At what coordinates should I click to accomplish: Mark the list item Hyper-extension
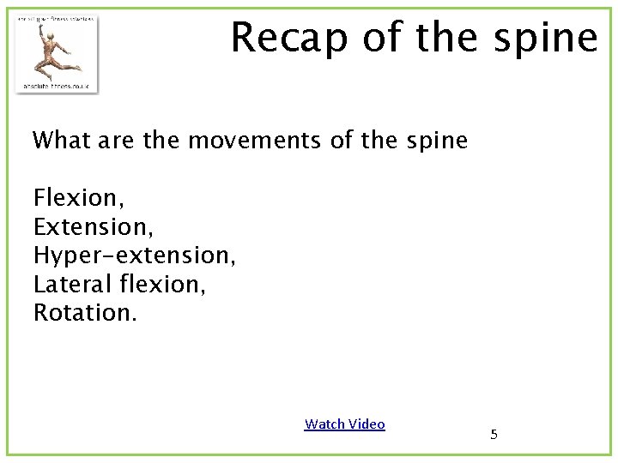pyautogui.click(x=134, y=256)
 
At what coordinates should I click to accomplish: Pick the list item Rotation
pyautogui.click(x=84, y=313)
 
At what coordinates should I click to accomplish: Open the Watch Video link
pyautogui.click(x=344, y=424)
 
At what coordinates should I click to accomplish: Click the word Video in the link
pyautogui.click(x=367, y=424)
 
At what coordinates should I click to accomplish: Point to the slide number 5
pyautogui.click(x=494, y=435)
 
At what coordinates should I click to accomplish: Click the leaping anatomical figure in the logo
pyautogui.click(x=55, y=51)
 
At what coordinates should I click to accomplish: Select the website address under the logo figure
pyautogui.click(x=57, y=85)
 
